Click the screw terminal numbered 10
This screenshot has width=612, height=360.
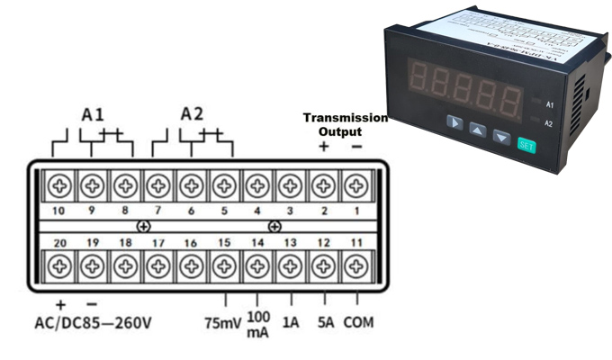[x=60, y=187]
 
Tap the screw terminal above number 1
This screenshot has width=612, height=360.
[x=357, y=187]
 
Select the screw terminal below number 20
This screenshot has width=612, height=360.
[x=60, y=265]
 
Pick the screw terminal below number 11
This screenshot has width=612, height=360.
[x=357, y=265]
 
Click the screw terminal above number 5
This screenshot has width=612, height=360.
[x=224, y=187]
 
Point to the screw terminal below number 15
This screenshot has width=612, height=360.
[x=224, y=265]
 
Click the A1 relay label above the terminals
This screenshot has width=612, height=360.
[x=93, y=115]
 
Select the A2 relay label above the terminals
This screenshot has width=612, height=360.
[x=192, y=114]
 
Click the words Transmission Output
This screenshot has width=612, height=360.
[x=345, y=124]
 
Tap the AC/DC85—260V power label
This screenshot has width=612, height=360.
[x=104, y=321]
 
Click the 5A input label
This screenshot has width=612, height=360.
[x=326, y=321]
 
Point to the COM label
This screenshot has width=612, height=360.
[x=358, y=321]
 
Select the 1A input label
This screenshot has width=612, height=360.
[x=291, y=321]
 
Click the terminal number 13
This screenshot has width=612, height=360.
[x=291, y=244]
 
